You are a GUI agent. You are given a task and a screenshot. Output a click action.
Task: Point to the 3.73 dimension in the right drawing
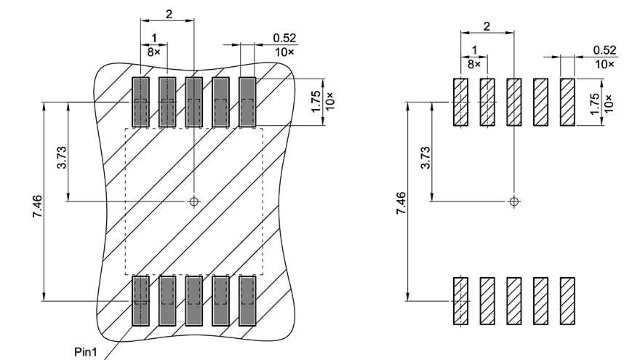pyautogui.click(x=425, y=158)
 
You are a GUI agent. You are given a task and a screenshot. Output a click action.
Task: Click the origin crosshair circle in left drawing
pyautogui.click(x=193, y=201)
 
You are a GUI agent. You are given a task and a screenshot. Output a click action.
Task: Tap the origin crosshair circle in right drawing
pyautogui.click(x=514, y=201)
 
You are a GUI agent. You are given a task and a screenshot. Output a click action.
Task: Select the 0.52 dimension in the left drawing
pyautogui.click(x=284, y=37)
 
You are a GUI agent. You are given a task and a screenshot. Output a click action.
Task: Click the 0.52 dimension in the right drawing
pyautogui.click(x=604, y=49)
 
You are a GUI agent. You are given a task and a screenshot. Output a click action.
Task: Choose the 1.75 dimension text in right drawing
pyautogui.click(x=595, y=103)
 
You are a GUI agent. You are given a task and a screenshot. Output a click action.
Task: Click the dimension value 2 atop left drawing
pyautogui.click(x=169, y=15)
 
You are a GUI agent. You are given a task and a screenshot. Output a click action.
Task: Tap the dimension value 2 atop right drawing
pyautogui.click(x=487, y=26)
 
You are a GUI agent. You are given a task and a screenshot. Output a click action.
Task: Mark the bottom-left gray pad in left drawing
pyautogui.click(x=140, y=300)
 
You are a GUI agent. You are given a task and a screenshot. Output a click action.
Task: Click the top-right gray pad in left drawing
pyautogui.click(x=247, y=101)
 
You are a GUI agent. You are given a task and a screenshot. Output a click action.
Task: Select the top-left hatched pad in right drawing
pyautogui.click(x=460, y=103)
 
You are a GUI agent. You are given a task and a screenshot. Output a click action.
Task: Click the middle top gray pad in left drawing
pyautogui.click(x=193, y=101)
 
